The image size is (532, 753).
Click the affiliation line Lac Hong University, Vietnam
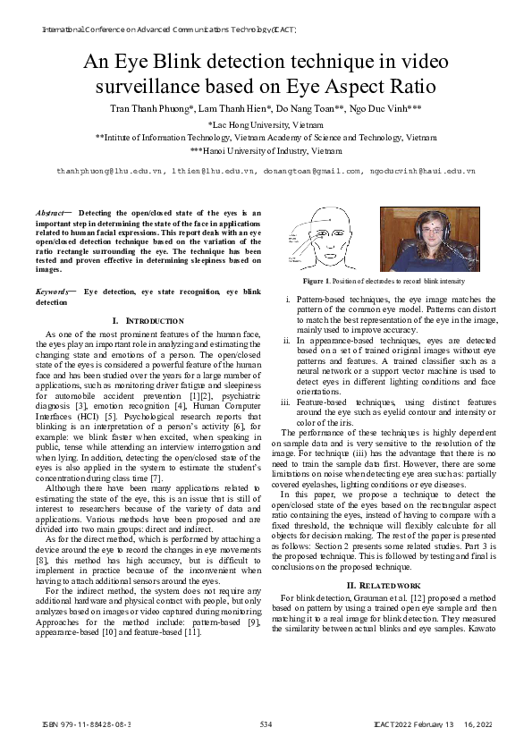[x=266, y=125]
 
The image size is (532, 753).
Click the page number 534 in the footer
[x=266, y=723]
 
